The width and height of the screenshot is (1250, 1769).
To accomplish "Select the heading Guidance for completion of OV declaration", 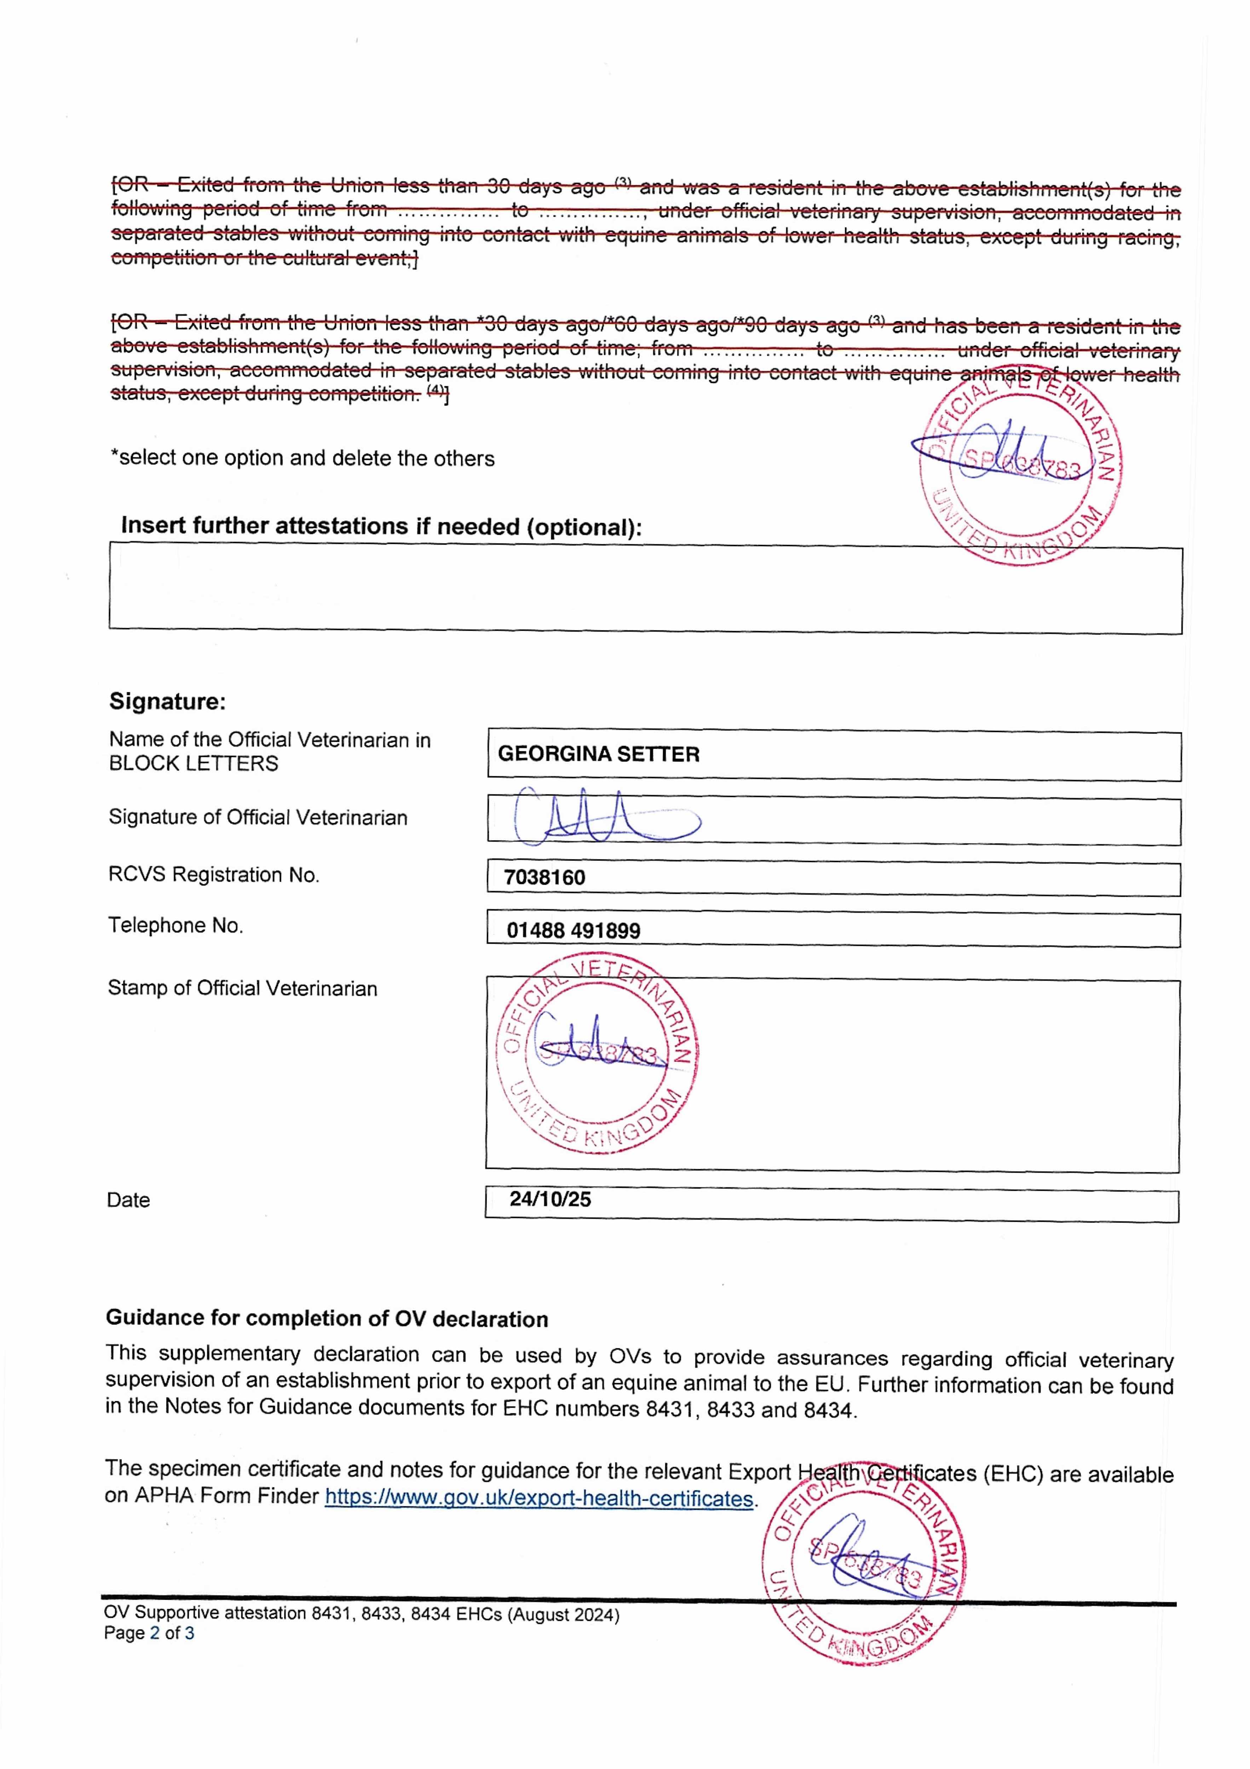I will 327,1319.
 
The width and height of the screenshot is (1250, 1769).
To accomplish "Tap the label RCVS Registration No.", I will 213,875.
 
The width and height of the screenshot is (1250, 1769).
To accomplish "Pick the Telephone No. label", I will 176,925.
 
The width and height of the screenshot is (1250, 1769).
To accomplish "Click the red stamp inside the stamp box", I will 597,1054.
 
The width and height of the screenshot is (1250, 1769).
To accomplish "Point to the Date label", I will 128,1200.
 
